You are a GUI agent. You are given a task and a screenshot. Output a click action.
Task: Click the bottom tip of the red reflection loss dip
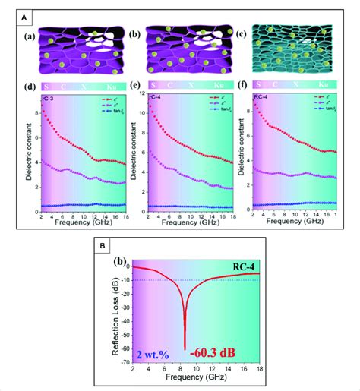pyautogui.click(x=185, y=349)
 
